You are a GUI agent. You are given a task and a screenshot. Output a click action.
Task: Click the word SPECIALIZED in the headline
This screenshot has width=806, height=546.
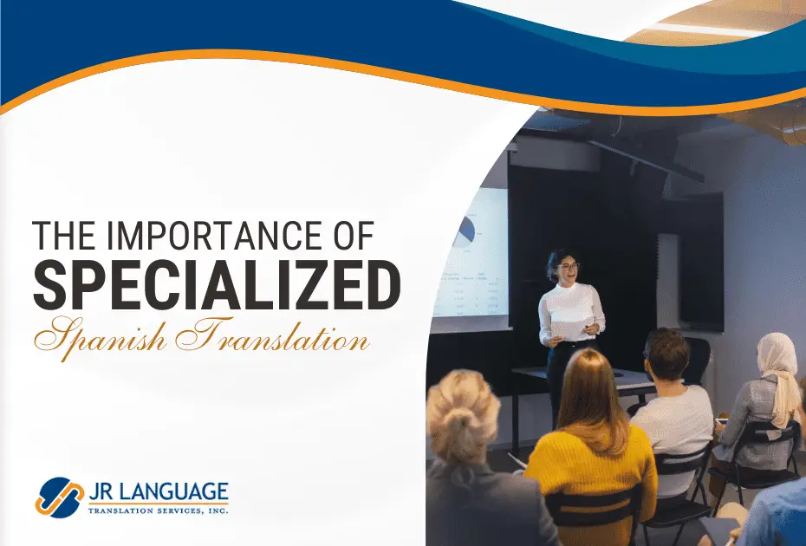pos(217,284)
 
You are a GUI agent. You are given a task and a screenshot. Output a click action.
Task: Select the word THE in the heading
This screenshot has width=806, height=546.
pos(64,236)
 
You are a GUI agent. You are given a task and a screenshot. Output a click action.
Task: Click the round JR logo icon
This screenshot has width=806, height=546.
pos(61,497)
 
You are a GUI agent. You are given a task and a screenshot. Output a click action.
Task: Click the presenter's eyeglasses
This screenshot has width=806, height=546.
pos(568,266)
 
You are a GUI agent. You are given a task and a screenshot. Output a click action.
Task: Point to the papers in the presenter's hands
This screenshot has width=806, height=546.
pos(569,330)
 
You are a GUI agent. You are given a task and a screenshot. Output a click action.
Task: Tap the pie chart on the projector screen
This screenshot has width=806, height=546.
pos(466,229)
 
